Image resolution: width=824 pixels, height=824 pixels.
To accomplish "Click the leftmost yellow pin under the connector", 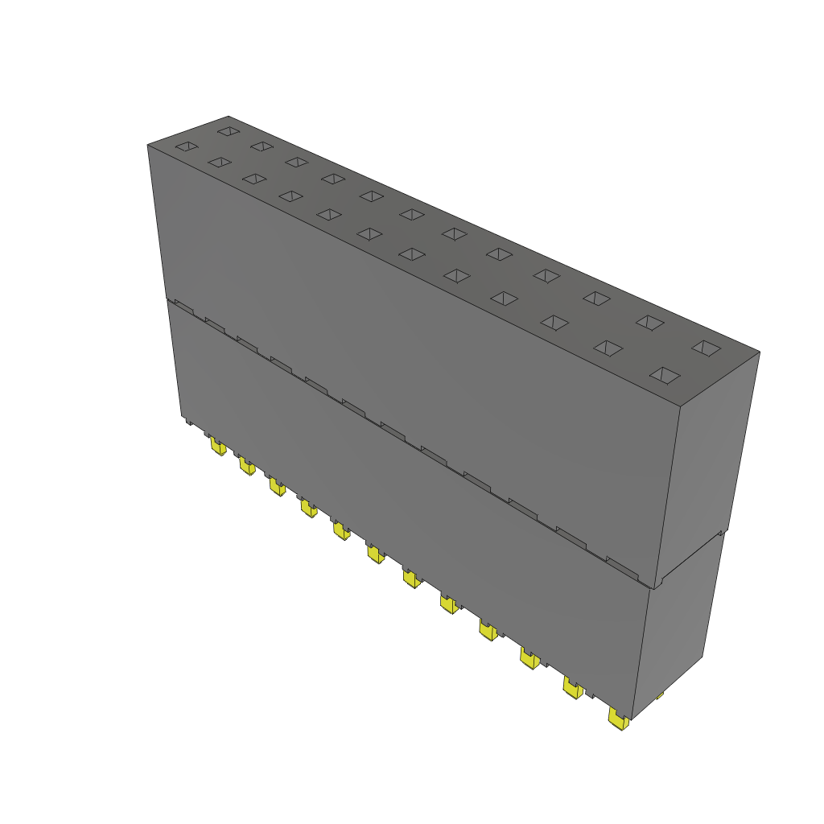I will pos(217,446).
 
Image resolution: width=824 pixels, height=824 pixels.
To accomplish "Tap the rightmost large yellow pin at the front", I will pos(618,719).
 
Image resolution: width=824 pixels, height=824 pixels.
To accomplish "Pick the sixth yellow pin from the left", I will pos(375,554).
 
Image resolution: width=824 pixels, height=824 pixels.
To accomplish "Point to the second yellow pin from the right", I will pos(572,688).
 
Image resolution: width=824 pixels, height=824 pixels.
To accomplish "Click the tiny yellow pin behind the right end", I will pos(660,695).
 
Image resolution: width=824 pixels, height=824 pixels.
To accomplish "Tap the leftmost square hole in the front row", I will pos(186,146).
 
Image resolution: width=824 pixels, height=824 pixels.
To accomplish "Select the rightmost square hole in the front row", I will pos(665,375).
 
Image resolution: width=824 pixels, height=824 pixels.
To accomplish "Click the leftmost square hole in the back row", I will pos(229,130).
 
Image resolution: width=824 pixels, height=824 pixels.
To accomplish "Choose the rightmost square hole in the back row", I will pos(707,348).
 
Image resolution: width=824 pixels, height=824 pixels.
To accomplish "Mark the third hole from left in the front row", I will pos(253,179).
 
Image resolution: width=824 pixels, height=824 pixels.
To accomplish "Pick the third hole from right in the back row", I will pos(595,298).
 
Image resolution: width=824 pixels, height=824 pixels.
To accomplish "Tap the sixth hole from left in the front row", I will pos(369,233).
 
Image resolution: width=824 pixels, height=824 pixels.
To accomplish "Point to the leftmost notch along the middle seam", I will pos(183,307).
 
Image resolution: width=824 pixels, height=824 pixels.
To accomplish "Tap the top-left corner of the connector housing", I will pos(148,146).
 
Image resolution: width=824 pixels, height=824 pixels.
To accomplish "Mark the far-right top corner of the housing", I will pos(759,352).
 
